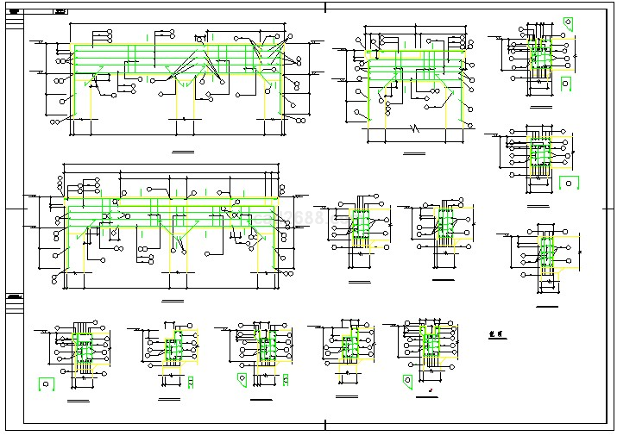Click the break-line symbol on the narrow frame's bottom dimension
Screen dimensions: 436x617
(415, 130)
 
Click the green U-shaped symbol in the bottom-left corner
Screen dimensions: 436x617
(45, 383)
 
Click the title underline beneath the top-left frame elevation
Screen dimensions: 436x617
(184, 151)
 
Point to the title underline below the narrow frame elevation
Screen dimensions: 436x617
(414, 153)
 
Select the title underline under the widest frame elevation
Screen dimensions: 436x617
(173, 301)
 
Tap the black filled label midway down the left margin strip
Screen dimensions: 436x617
(12, 297)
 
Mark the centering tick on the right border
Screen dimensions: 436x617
(609, 209)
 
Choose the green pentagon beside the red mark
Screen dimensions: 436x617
(407, 380)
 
